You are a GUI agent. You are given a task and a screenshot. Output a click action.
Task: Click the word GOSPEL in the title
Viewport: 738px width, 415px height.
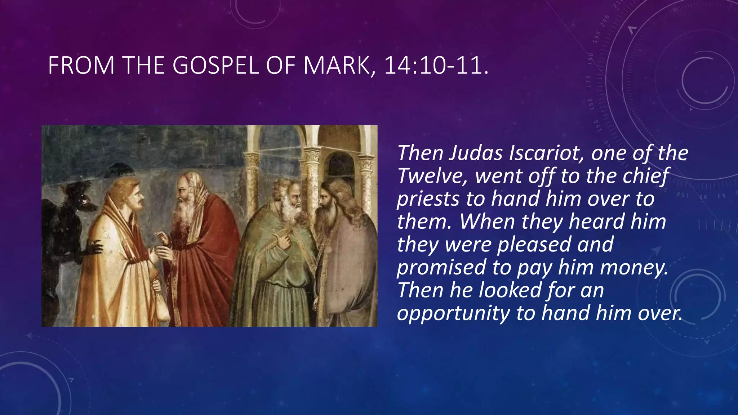(x=215, y=66)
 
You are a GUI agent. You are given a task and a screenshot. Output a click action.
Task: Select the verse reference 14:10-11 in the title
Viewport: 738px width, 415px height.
(x=433, y=66)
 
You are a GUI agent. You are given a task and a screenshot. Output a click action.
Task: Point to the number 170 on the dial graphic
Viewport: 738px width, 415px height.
(x=588, y=82)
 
